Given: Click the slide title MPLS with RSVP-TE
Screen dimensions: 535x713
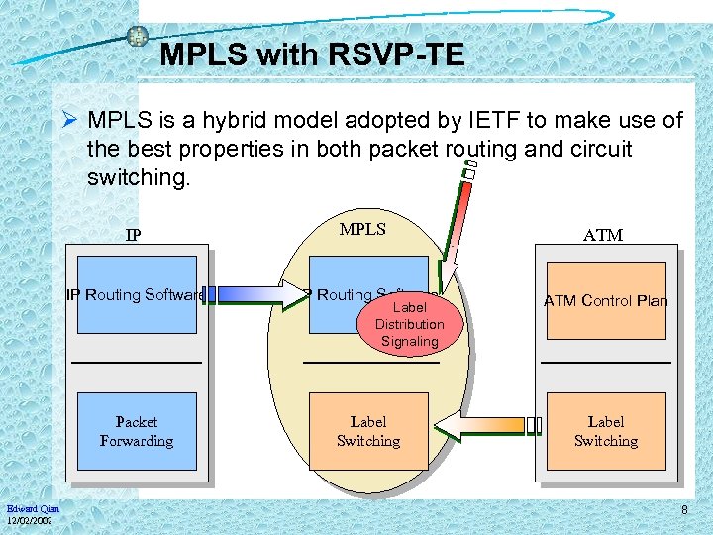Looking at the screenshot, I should pos(311,55).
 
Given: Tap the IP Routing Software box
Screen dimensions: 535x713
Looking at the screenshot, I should pos(137,295).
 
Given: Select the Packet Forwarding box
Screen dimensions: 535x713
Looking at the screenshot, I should pos(137,431).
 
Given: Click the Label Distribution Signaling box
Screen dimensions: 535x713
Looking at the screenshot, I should pos(409,323).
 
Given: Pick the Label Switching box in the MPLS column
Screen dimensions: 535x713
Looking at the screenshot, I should pos(368,431).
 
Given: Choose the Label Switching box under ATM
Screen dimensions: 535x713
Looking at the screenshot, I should pos(605,431).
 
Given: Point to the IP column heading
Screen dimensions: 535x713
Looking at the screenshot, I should pos(133,236).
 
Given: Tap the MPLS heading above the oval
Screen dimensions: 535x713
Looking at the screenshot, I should pos(362,229).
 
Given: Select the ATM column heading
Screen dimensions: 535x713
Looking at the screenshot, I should pos(603,235).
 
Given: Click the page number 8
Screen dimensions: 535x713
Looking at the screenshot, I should pos(683,510).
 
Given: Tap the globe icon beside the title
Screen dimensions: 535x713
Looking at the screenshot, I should pos(138,37).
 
